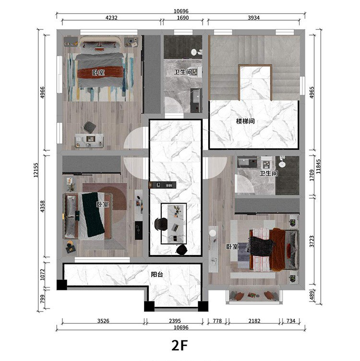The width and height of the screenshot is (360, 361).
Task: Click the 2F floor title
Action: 180,345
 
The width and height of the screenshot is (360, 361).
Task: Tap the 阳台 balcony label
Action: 157,274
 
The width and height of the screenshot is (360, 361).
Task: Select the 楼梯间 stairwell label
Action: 245,121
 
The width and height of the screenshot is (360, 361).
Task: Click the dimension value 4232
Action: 111,18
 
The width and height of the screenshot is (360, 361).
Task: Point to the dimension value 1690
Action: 183,18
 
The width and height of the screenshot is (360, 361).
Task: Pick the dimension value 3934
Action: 253,18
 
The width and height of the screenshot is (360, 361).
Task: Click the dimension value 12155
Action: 36,170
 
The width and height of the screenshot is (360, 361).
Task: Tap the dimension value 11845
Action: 318,167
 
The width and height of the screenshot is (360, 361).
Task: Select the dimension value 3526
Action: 103,321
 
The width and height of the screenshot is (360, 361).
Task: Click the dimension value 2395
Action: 175,321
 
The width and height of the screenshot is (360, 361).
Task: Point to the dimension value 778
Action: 217,321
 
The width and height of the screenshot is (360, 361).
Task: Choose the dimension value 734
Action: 291,321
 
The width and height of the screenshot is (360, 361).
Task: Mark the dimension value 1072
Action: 42,275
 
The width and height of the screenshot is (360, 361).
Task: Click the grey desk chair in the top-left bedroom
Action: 90,127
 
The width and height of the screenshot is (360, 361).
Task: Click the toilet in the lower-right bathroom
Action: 282,162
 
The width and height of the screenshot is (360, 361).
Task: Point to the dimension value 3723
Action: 312,241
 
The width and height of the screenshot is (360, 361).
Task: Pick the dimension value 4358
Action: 42,206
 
